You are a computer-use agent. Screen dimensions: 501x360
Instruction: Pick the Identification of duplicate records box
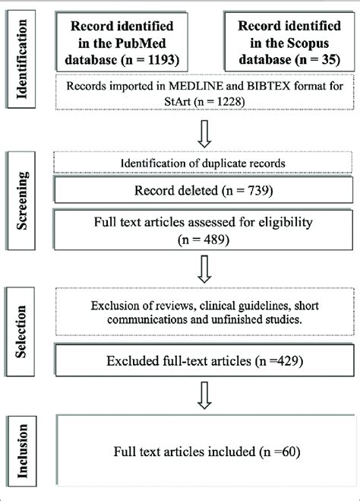pyautogui.click(x=205, y=162)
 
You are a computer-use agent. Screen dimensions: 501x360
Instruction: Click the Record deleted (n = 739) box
pyautogui.click(x=205, y=192)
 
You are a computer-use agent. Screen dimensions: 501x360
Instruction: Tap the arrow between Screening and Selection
pyautogui.click(x=204, y=268)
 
